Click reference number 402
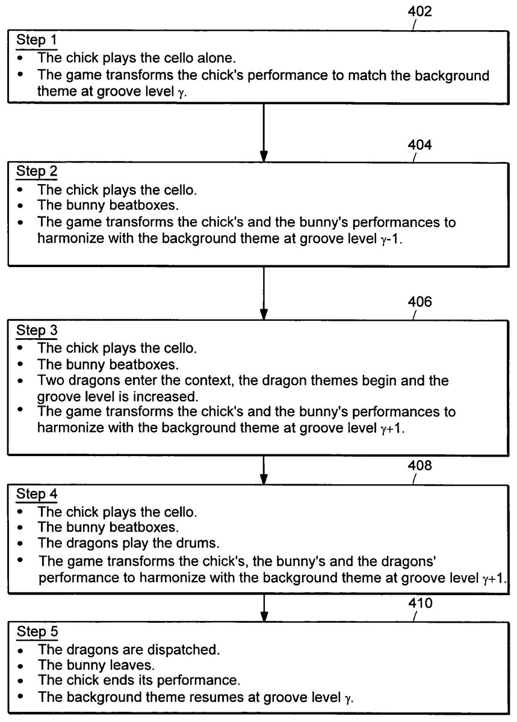click(419, 11)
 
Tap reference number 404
click(419, 146)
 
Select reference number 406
click(419, 302)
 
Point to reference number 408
click(419, 466)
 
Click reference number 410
click(419, 602)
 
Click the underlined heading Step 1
click(37, 40)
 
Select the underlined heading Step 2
click(37, 171)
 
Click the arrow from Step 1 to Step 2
click(264, 132)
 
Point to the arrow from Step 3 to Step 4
click(264, 469)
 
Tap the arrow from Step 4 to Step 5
click(264, 608)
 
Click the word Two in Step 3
click(51, 381)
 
